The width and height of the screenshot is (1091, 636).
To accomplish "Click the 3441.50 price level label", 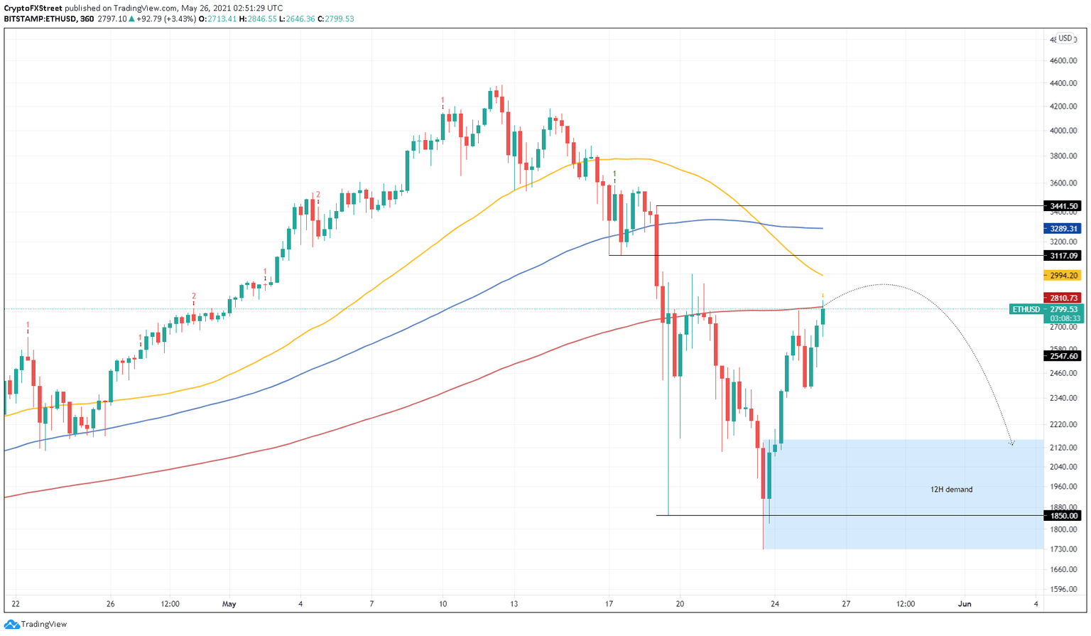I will (1063, 206).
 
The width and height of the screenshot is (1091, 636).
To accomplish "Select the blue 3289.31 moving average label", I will (1063, 229).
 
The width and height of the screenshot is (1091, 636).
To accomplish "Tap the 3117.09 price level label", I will (1063, 256).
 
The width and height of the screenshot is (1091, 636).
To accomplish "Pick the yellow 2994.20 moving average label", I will (1063, 276).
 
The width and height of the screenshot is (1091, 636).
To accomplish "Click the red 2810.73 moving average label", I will (1063, 298).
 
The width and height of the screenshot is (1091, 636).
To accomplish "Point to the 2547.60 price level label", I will (1063, 356).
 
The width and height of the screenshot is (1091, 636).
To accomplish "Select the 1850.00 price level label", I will (1063, 516).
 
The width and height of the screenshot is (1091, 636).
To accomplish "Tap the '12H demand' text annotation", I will (951, 490).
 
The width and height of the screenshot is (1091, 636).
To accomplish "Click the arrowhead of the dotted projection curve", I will (1011, 443).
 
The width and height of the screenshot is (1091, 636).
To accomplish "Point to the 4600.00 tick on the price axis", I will (1063, 61).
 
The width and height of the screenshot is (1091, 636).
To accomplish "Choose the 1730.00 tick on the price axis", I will (1063, 550).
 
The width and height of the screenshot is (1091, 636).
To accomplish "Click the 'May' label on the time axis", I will (229, 605).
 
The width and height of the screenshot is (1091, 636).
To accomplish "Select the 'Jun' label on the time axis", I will (965, 605).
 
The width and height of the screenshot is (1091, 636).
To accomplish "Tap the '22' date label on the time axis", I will (16, 605).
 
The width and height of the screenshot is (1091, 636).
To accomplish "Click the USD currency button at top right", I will (1065, 38).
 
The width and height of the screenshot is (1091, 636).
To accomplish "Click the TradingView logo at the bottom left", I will (36, 625).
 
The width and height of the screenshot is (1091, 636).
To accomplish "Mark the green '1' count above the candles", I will (614, 173).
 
